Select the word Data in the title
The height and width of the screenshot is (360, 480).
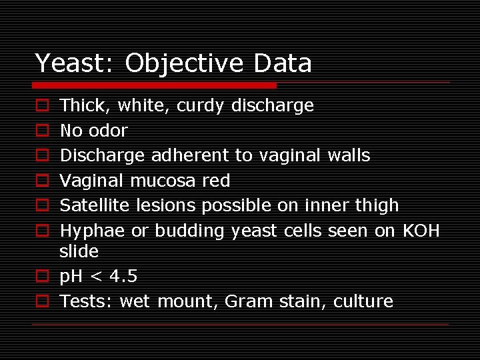point(283,63)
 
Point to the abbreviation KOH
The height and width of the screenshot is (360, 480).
point(421,231)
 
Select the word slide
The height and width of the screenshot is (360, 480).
point(79,251)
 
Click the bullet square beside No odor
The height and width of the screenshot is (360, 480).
point(41,131)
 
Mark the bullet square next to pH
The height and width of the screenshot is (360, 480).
point(41,276)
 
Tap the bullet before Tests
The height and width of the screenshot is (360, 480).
point(41,301)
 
